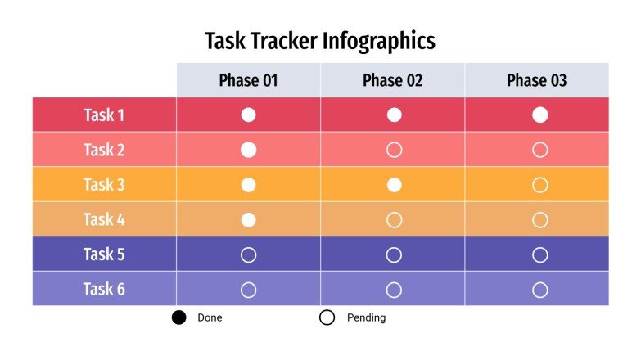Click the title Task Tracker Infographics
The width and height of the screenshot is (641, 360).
319,40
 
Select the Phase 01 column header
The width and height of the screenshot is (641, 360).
248,80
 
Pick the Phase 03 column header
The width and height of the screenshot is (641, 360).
536,80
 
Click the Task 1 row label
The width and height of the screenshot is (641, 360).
104,115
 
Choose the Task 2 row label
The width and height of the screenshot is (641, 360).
104,150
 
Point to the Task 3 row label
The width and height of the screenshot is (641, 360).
104,185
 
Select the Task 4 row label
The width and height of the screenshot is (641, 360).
104,219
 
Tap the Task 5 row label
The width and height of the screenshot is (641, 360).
104,254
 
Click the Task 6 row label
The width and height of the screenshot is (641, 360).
104,289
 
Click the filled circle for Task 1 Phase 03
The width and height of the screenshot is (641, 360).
539,115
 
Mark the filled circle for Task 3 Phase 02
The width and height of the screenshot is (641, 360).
394,185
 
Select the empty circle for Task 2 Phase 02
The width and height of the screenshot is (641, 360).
394,150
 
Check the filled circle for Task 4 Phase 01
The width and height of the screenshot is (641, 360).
249,219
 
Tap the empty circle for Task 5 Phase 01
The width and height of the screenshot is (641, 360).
249,254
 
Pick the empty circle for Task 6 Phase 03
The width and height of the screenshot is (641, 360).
539,290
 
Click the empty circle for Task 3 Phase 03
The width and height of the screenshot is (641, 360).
539,185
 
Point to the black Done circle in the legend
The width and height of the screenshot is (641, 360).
179,317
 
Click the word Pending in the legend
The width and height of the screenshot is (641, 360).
366,317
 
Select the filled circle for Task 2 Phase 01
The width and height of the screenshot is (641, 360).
249,150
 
